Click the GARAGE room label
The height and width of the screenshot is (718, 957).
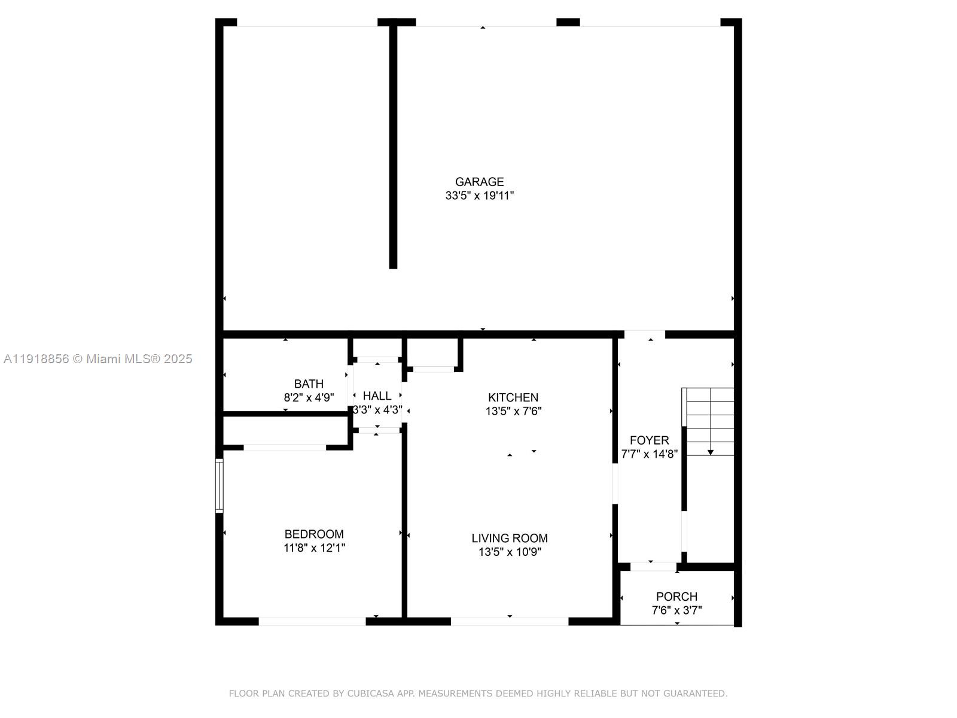[x=479, y=182]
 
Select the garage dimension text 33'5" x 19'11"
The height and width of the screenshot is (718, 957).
[x=479, y=196]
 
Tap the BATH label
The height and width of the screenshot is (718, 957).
[x=309, y=384]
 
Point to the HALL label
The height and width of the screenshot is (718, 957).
[x=377, y=396]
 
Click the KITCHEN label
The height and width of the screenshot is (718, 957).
[x=513, y=398]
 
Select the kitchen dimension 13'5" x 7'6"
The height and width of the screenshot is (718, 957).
[x=513, y=412]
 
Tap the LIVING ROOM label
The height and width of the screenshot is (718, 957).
[x=510, y=538]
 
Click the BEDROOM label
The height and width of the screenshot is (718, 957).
[x=314, y=534]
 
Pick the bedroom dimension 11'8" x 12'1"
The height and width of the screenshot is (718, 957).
[x=314, y=548]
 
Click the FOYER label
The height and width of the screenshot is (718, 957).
[x=649, y=440]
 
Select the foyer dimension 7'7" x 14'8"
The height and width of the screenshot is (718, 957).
[x=649, y=454]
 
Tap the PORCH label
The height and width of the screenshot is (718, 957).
[x=676, y=597]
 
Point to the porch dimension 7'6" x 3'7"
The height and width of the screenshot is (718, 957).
[x=676, y=611]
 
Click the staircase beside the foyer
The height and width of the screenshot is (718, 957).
[x=709, y=419]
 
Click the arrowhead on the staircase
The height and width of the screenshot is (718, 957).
[x=711, y=452]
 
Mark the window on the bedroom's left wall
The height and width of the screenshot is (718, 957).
[x=219, y=486]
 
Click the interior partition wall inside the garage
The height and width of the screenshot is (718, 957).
[x=393, y=147]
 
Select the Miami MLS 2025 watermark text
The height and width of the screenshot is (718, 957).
[x=98, y=359]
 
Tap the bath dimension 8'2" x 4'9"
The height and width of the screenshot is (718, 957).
[x=309, y=397]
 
